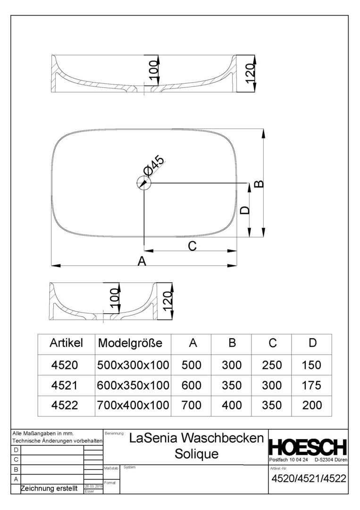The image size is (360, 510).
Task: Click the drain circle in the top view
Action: point(143,182)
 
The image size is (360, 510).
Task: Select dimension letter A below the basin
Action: point(141,261)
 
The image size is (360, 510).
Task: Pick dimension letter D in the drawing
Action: point(244,210)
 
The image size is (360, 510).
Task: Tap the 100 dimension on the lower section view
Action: point(113,300)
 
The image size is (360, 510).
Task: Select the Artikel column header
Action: point(66,343)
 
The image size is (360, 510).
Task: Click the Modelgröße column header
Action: point(130,343)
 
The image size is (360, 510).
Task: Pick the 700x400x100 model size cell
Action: point(133,405)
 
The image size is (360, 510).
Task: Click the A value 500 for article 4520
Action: point(192,365)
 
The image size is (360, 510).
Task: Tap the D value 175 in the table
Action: point(312,385)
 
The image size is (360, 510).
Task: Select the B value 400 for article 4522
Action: point(232,405)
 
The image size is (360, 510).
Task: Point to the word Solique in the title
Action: point(197,454)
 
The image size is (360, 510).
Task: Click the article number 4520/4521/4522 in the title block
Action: point(309,478)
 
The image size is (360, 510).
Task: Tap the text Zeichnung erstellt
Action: point(49,489)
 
